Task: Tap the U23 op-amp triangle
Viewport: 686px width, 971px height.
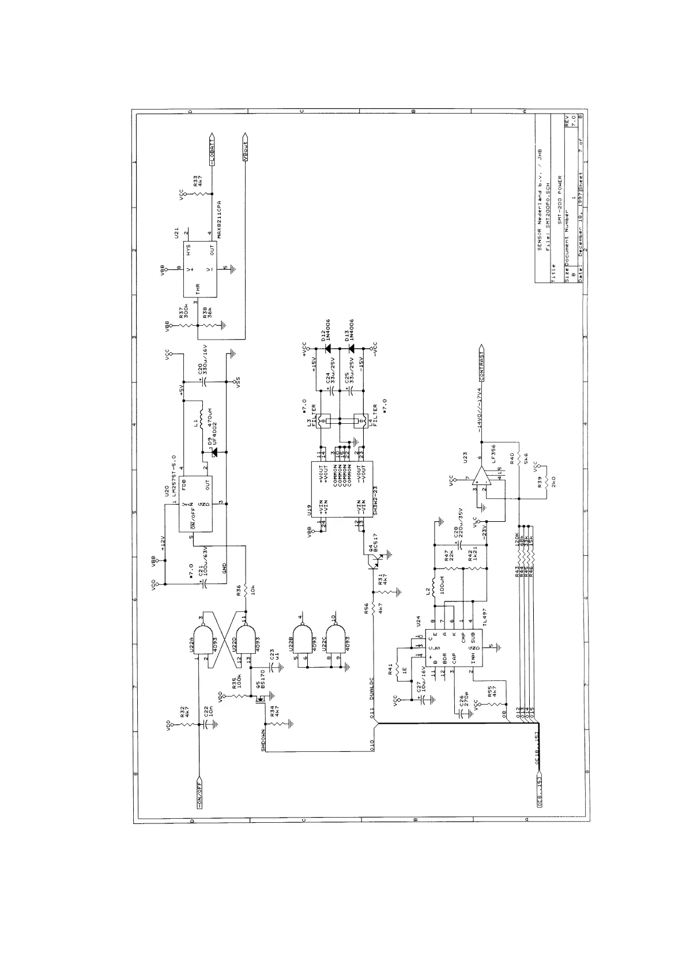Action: (x=480, y=480)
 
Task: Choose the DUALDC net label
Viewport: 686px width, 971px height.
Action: (x=372, y=688)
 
